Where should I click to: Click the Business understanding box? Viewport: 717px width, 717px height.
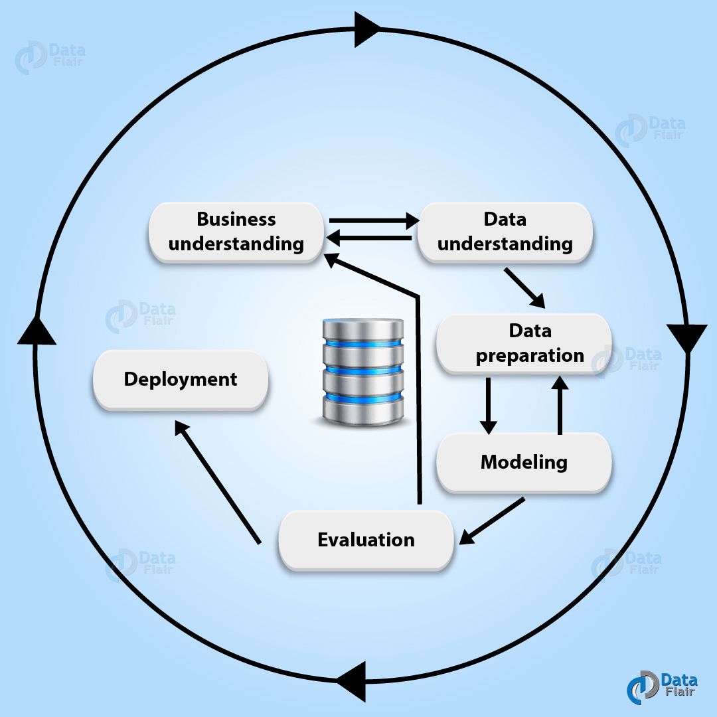[236, 232]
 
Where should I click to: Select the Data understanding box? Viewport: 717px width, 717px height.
[505, 232]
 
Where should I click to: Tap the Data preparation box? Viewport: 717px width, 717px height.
[523, 343]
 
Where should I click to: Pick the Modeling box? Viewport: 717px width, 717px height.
[523, 462]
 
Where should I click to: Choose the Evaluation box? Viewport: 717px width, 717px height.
[366, 540]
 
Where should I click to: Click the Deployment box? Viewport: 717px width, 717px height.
[181, 380]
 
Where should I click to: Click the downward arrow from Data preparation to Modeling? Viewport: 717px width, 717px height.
[488, 405]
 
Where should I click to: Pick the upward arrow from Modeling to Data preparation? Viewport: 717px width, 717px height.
[560, 405]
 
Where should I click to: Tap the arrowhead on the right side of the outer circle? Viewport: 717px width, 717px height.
[686, 337]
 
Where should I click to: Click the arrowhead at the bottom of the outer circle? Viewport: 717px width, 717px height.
[352, 680]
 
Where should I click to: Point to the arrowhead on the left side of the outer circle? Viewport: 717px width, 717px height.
[37, 331]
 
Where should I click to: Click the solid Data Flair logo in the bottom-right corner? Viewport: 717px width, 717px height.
[661, 687]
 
